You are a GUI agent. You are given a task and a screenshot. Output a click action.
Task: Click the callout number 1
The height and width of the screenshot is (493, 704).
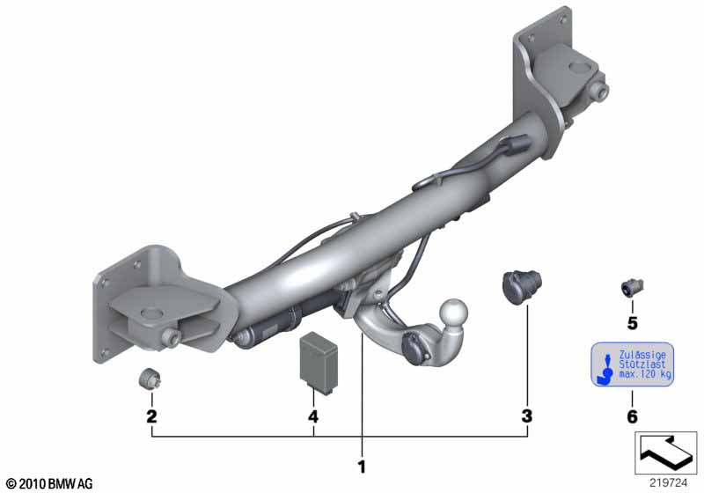pos(362,467)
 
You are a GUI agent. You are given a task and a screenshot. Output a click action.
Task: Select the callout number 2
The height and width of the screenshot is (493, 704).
pos(151,416)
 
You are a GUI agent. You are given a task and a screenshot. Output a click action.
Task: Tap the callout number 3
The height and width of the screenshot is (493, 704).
pos(527,416)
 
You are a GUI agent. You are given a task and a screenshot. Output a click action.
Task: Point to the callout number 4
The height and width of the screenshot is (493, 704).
pos(313,416)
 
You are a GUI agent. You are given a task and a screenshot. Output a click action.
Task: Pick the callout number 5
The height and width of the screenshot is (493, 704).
pos(632,323)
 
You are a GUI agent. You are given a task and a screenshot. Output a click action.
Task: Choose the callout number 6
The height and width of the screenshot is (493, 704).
pos(632,416)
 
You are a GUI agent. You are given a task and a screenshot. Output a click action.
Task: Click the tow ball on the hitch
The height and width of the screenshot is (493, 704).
pos(453,311)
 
